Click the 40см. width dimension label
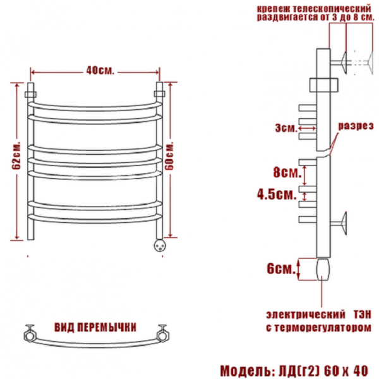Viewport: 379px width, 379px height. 100,70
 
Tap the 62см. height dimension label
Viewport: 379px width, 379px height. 16,155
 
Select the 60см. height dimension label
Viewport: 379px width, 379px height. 170,155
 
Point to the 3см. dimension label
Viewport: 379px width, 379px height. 286,128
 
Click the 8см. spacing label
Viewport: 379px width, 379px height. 287,172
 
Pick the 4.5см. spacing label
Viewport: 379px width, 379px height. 277,194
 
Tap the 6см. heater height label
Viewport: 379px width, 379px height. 281,268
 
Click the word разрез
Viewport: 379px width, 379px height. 356,126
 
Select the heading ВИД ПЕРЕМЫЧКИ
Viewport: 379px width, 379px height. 95,327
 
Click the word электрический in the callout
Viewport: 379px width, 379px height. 306,315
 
